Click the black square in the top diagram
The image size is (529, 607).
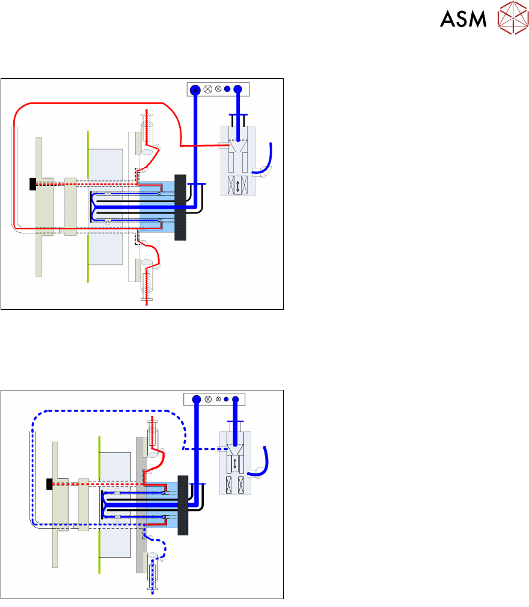(x=32, y=184)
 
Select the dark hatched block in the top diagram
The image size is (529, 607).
(x=180, y=208)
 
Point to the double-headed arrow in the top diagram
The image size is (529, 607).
(x=238, y=186)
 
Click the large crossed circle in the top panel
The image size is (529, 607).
(x=208, y=90)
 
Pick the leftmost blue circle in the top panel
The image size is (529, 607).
(x=195, y=90)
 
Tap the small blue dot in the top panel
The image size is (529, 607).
(x=227, y=90)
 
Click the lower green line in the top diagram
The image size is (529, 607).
(x=88, y=258)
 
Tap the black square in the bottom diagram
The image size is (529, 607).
(x=50, y=483)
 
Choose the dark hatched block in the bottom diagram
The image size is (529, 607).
(x=183, y=505)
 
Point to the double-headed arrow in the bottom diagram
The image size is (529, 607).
(x=234, y=464)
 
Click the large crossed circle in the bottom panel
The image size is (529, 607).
(x=208, y=398)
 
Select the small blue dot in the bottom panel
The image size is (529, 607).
(x=226, y=398)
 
